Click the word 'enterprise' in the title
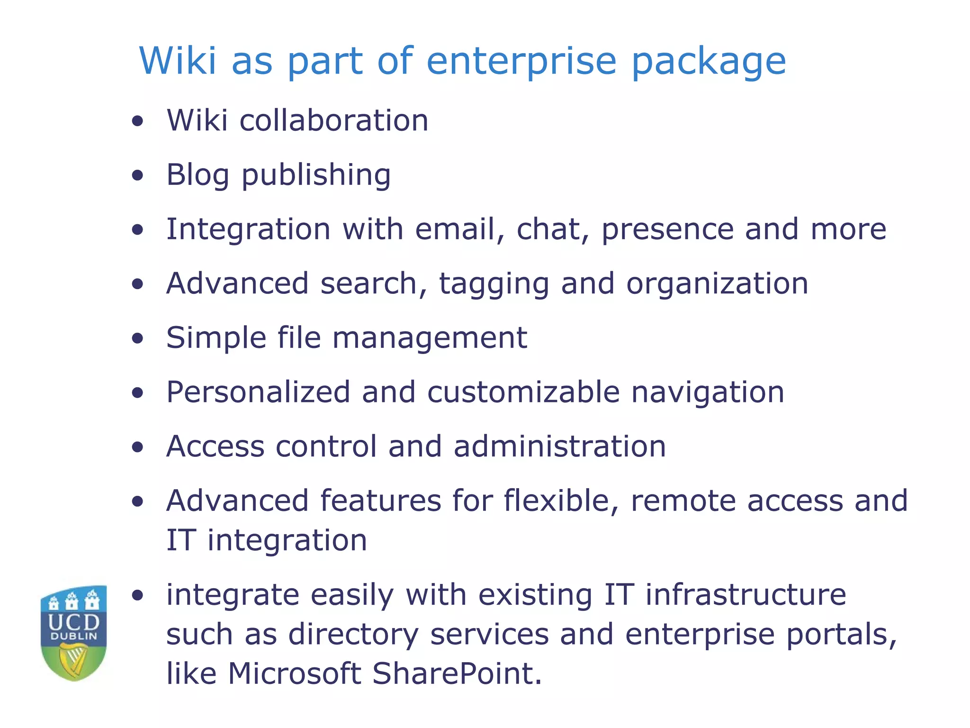521,62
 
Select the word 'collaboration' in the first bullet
334,120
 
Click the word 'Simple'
216,339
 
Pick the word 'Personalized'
258,393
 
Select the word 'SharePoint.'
457,674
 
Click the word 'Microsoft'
295,674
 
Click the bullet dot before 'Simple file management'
138,338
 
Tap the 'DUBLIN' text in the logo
74,636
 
